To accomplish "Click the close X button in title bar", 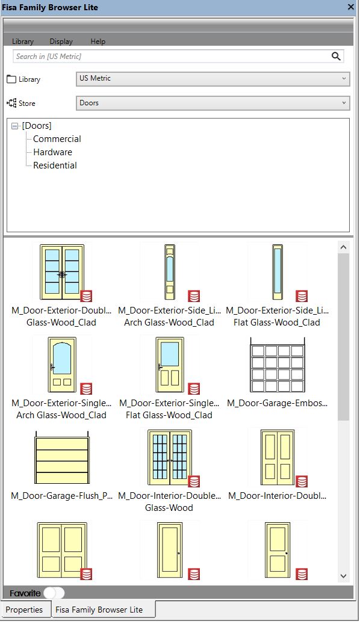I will click(x=351, y=7).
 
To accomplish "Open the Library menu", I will click(x=23, y=42).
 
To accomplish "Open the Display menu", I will click(x=61, y=42).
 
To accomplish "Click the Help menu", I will click(x=98, y=42).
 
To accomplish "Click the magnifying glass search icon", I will click(x=337, y=56).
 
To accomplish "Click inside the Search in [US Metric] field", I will click(x=169, y=56).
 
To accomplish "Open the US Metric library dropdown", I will click(x=213, y=78).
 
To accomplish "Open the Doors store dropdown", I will click(x=213, y=103).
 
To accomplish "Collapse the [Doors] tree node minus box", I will click(x=15, y=126).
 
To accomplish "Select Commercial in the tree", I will click(x=57, y=139).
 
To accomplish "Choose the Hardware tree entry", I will click(x=52, y=152).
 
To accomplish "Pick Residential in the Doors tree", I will click(x=55, y=165).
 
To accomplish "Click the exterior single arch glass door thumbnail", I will click(x=62, y=364).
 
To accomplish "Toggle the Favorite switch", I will click(x=54, y=593).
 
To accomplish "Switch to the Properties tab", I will click(x=24, y=610).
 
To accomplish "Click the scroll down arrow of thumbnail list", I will click(x=343, y=576).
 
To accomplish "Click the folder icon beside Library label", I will click(x=11, y=79).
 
